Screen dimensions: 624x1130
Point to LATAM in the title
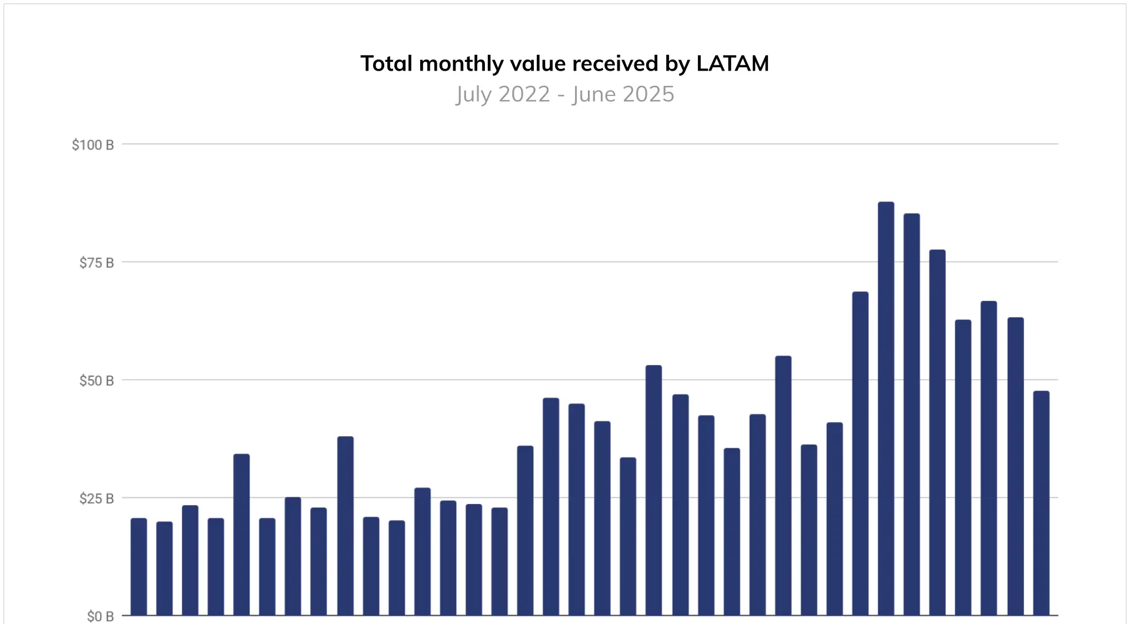(733, 64)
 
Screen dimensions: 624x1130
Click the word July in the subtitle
(473, 94)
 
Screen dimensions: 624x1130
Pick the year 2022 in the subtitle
(524, 94)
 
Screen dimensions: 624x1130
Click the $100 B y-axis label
(92, 145)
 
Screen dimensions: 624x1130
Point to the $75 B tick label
(97, 263)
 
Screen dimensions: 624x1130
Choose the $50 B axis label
(97, 381)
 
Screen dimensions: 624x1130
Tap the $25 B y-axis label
(97, 499)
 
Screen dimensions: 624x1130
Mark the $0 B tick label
(100, 616)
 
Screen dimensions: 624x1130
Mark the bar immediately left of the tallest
(860, 454)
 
